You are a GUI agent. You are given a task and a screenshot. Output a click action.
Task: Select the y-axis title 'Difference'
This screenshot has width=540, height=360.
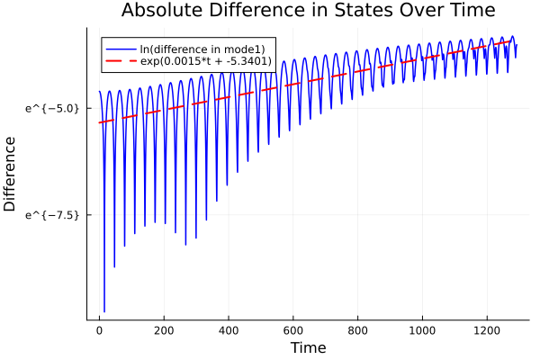[11, 174]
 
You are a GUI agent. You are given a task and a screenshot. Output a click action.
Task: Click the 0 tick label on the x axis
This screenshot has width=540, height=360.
[100, 329]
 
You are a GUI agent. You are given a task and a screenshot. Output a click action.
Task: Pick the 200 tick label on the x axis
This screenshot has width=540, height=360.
[164, 329]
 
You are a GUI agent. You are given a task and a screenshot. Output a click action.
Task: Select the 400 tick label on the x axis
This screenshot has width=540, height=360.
[229, 329]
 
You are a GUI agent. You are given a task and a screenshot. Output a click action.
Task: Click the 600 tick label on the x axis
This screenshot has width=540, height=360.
[293, 329]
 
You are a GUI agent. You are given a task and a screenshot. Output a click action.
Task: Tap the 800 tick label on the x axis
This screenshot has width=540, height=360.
[358, 329]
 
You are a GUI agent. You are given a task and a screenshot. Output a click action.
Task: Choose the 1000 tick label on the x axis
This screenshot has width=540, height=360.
[422, 329]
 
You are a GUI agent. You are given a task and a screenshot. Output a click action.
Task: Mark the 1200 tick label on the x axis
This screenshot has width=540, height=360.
[487, 329]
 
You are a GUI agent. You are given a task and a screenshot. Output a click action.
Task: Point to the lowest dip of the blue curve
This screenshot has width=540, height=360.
[104, 311]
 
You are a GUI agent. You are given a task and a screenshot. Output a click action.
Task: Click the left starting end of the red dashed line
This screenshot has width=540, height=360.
[100, 122]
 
